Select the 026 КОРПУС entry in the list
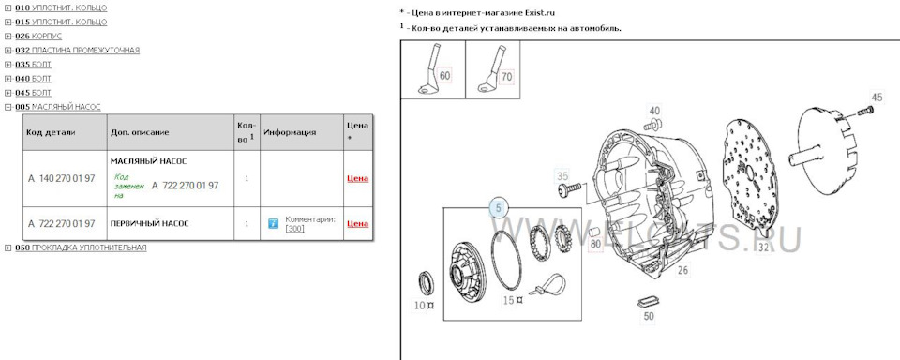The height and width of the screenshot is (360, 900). [x=38, y=37]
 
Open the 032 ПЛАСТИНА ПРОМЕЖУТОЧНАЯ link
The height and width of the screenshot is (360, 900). [x=77, y=51]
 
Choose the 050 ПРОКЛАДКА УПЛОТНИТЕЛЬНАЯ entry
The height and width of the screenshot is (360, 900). [x=81, y=247]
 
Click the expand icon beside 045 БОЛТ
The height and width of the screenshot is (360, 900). [x=8, y=93]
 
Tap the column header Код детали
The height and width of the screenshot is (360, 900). [x=51, y=132]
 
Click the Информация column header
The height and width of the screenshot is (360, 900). [x=290, y=132]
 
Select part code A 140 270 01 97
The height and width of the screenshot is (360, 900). [x=62, y=178]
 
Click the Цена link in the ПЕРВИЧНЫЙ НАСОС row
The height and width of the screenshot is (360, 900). [x=357, y=224]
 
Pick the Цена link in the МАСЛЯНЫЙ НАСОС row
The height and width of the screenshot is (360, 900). [x=357, y=178]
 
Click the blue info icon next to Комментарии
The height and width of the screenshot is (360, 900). [x=273, y=223]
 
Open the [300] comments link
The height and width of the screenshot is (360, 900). [x=295, y=229]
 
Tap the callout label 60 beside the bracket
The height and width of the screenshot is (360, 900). [x=444, y=76]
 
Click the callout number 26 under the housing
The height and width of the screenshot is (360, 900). [x=682, y=270]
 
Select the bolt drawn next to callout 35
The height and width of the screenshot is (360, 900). [x=569, y=188]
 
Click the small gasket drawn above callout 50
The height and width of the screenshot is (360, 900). [x=647, y=302]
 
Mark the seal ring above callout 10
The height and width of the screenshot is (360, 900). [x=427, y=282]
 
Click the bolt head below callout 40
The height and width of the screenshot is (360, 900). [x=653, y=123]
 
